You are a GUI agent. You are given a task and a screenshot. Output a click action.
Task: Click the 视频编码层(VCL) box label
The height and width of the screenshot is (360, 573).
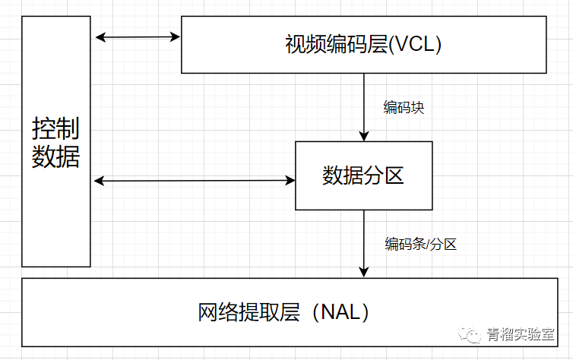[x=363, y=45]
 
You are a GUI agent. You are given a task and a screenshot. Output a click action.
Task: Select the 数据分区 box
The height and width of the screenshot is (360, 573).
[x=363, y=175]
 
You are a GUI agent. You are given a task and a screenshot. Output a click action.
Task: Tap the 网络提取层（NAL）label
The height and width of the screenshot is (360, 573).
[x=284, y=312]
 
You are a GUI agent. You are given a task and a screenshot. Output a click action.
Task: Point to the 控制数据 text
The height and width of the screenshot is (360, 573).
[x=55, y=142]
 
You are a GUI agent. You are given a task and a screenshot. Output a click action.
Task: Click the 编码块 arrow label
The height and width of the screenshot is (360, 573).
[x=404, y=107]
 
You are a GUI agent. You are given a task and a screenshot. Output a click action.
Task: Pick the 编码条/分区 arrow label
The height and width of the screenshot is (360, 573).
[x=420, y=244]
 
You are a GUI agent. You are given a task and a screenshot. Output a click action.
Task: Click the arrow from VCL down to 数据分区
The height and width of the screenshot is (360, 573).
[x=365, y=106]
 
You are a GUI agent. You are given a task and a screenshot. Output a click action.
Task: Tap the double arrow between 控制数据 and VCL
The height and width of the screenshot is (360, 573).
[x=137, y=36]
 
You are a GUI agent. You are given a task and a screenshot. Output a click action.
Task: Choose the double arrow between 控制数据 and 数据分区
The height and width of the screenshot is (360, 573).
[x=194, y=180]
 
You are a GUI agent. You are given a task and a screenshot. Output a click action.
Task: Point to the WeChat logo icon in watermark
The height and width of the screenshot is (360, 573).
[x=473, y=335]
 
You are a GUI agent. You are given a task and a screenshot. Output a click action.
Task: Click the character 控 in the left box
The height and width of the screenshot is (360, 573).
[x=43, y=129]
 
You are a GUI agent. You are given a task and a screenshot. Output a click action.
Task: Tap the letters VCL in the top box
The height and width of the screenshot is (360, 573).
[x=414, y=45]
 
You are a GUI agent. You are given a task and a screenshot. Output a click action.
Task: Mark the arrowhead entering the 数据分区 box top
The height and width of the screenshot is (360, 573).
[x=365, y=136]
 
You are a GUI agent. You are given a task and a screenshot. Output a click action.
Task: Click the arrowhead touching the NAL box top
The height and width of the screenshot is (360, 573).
[x=365, y=273]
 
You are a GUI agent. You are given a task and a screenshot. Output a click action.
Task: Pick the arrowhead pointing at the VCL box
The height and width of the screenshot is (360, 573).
[x=176, y=36]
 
